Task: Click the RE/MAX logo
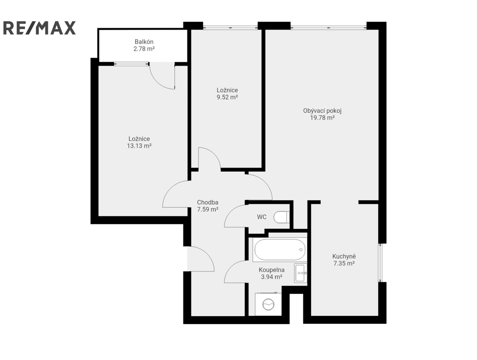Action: [x=39, y=28]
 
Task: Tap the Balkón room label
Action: [x=144, y=41]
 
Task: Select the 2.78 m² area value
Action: [x=144, y=49]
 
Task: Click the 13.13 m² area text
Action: [x=139, y=146]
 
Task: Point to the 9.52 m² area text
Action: [x=227, y=97]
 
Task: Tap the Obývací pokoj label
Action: [x=322, y=111]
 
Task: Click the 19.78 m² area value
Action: [x=322, y=118]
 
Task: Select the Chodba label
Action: [x=208, y=202]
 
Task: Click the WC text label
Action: [x=262, y=217]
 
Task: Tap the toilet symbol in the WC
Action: [x=281, y=217]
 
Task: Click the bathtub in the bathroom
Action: [x=280, y=250]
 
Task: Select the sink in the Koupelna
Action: [x=301, y=273]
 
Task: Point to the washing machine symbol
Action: [x=268, y=304]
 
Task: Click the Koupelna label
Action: [x=271, y=270]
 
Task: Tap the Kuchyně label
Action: [x=344, y=256]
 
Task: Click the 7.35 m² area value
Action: [x=344, y=263]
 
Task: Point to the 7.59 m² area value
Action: [x=208, y=209]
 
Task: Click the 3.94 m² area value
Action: [x=271, y=277]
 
